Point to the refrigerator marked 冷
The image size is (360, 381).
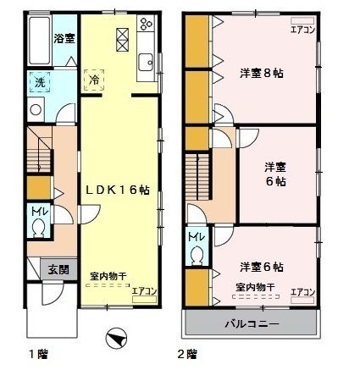(95, 80)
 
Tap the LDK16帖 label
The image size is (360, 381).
(119, 191)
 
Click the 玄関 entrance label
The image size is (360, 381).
(58, 270)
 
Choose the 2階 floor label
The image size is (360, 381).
(186, 354)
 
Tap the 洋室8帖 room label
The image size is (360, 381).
(261, 73)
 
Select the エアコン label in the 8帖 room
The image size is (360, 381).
(302, 29)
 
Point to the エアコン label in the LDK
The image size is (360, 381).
(145, 292)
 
